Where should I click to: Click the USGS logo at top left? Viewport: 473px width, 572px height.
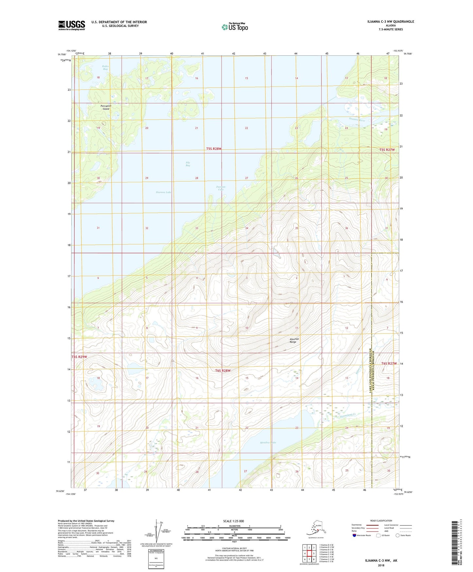pos(72,25)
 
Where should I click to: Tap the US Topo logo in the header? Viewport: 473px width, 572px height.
pos(235,27)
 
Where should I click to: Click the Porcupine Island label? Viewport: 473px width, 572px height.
pos(106,107)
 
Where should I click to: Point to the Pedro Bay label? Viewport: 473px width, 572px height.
pos(105,68)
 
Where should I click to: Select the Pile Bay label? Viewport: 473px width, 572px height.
pos(188,164)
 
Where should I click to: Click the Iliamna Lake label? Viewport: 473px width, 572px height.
pos(164,192)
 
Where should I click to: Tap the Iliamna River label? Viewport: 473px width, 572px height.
pos(357,120)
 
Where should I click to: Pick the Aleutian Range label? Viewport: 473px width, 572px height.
pos(293,340)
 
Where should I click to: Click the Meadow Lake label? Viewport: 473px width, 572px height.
pos(268,443)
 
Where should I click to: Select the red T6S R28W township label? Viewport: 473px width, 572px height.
pos(223,371)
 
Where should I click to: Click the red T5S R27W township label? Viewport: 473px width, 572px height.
pos(387,150)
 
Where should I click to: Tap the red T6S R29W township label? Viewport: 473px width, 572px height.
pos(80,357)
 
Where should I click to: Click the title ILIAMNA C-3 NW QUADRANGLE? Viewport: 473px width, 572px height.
pos(391,22)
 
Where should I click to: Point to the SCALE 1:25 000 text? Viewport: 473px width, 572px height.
pos(233,521)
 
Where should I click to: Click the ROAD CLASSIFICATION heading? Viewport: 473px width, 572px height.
pos(381,521)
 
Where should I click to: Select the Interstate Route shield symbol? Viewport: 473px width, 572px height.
pos(355,535)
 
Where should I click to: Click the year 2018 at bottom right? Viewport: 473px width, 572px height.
pos(381,565)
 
